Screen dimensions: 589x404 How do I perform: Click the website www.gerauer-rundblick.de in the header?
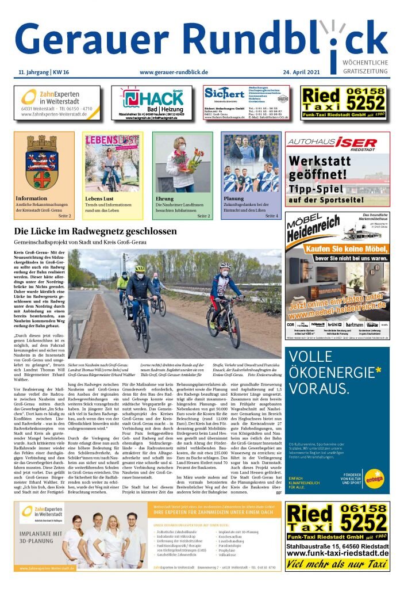(x=174, y=72)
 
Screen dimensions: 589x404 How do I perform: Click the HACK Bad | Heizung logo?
(x=152, y=100)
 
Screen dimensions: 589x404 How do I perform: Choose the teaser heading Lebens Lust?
(x=101, y=198)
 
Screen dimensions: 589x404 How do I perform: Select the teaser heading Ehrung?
(x=164, y=198)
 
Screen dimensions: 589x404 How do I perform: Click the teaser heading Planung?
(x=234, y=198)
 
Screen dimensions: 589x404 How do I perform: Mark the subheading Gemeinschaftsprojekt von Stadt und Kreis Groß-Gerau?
(x=80, y=243)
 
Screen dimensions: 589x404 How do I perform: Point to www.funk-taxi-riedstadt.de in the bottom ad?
(x=337, y=553)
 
